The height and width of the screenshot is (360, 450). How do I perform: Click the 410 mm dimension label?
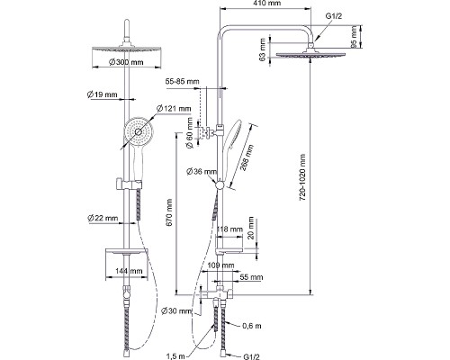point(267,4)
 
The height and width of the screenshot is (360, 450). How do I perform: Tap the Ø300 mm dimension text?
point(126,62)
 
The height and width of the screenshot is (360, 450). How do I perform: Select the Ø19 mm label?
point(102,94)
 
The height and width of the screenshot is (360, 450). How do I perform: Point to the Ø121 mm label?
point(174,108)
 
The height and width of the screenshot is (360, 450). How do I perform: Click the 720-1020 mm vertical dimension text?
point(302,177)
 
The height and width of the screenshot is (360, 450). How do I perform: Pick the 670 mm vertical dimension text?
point(169,212)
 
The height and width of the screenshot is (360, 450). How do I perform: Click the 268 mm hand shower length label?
point(247,157)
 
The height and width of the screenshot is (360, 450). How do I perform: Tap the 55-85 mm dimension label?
point(182,81)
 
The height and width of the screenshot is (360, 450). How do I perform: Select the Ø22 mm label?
point(103,218)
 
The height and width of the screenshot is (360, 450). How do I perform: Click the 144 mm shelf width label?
point(129,271)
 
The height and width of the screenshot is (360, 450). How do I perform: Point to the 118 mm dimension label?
point(229,229)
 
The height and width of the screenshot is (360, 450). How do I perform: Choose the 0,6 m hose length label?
point(252,326)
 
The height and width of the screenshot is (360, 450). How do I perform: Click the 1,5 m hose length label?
point(175,356)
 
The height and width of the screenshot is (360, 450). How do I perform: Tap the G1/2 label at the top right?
point(334,16)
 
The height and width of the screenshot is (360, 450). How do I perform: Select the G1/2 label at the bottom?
point(251,356)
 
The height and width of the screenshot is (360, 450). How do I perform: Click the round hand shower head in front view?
point(139,131)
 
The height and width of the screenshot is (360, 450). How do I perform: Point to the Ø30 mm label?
point(176,311)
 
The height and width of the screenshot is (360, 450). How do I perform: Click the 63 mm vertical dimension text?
point(263,49)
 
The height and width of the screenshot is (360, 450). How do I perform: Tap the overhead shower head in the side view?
point(310,54)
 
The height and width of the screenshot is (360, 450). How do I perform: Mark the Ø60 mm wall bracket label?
point(190,132)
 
